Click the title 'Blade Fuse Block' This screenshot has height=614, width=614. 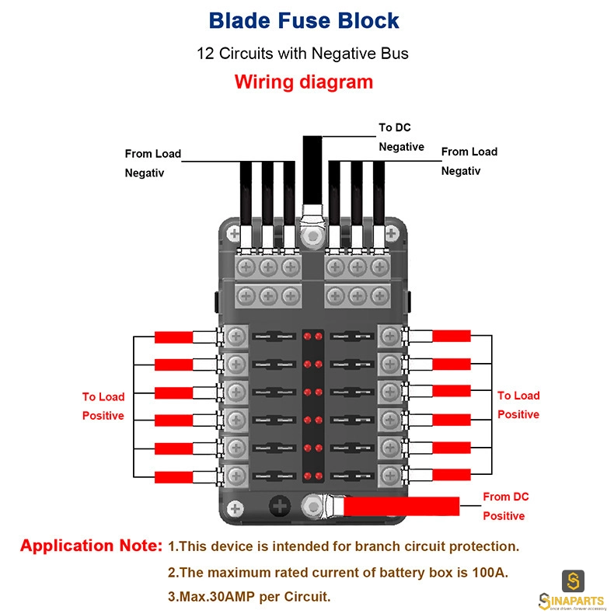pyautogui.click(x=303, y=21)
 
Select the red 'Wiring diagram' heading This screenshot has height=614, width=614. pyautogui.click(x=303, y=82)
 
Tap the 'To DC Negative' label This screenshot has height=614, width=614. pyautogui.click(x=401, y=137)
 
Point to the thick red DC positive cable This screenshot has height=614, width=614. pyautogui.click(x=401, y=506)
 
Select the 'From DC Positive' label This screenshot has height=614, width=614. pyautogui.click(x=505, y=506)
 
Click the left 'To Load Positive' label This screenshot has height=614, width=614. pyautogui.click(x=103, y=406)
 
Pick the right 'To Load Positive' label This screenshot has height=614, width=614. pyautogui.click(x=518, y=405)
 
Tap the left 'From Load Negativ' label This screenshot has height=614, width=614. pyautogui.click(x=152, y=163)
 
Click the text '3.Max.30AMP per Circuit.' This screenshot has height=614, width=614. pyautogui.click(x=249, y=597)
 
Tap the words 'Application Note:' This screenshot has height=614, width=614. pyautogui.click(x=91, y=546)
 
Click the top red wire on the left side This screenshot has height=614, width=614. pyautogui.click(x=173, y=337)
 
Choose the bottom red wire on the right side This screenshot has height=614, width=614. pyautogui.click(x=451, y=475)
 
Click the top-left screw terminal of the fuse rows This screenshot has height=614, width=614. pyautogui.click(x=236, y=336)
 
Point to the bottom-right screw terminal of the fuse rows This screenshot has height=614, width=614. pyautogui.click(x=389, y=476)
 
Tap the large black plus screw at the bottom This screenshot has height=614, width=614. pyautogui.click(x=280, y=506)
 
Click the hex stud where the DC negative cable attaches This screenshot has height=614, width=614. pyautogui.click(x=312, y=236)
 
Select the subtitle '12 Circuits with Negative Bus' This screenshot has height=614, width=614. pyautogui.click(x=302, y=54)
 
